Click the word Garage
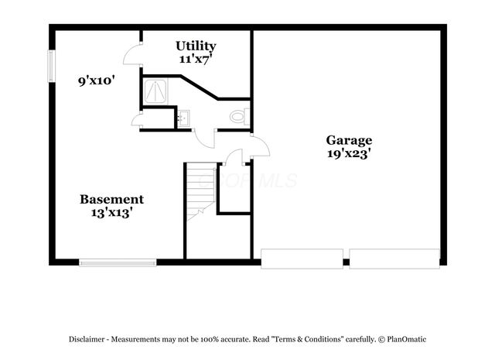[x=349, y=140]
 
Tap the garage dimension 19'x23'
[x=349, y=153]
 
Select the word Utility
[x=196, y=45]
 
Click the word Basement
[x=112, y=199]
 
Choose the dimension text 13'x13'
[x=112, y=211]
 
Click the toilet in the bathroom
[x=239, y=116]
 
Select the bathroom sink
[x=183, y=118]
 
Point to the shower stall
[x=158, y=92]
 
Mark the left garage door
[x=302, y=258]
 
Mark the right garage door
[x=394, y=258]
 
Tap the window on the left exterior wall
[x=51, y=66]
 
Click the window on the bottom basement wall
[x=118, y=263]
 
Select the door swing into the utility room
[x=133, y=54]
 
